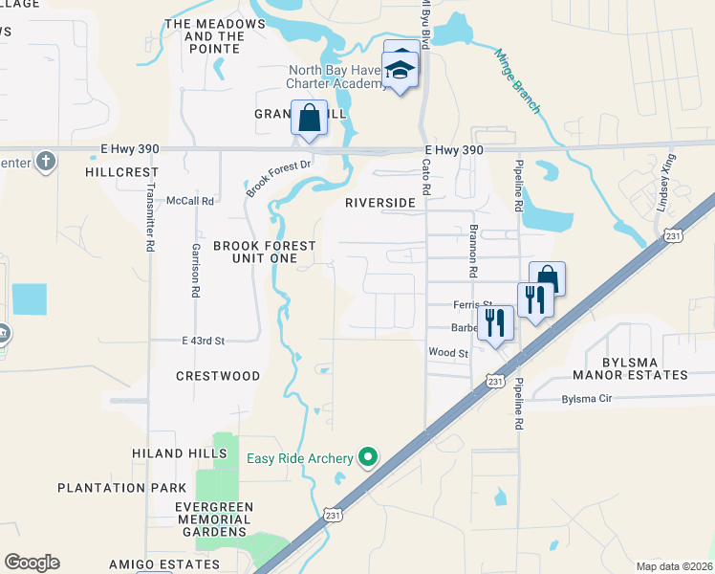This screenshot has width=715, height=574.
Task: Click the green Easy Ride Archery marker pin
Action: point(366,458)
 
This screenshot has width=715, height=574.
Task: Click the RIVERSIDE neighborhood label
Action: point(380,203)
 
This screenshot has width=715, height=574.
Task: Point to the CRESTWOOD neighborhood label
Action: point(218,376)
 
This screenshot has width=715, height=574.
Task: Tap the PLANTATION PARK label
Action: point(121,487)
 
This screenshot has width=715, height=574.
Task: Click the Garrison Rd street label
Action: point(193,261)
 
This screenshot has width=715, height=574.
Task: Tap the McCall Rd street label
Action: point(190,201)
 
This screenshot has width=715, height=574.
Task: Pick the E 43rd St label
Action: point(203,341)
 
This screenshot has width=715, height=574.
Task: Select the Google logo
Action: point(32,563)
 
